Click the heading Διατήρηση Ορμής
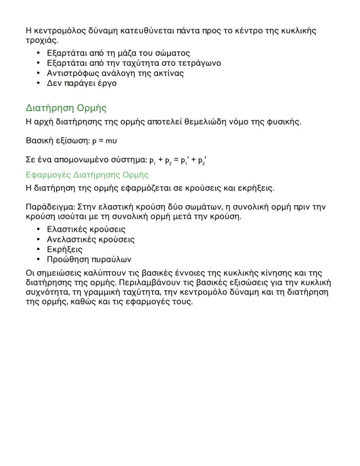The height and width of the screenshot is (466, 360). coord(66,108)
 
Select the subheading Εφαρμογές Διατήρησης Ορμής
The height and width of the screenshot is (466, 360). coord(87,175)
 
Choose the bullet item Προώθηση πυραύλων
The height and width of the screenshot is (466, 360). coord(89,259)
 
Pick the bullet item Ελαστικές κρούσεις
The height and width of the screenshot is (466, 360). coord(86,229)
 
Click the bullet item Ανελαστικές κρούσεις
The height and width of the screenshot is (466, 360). coord(90,239)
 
